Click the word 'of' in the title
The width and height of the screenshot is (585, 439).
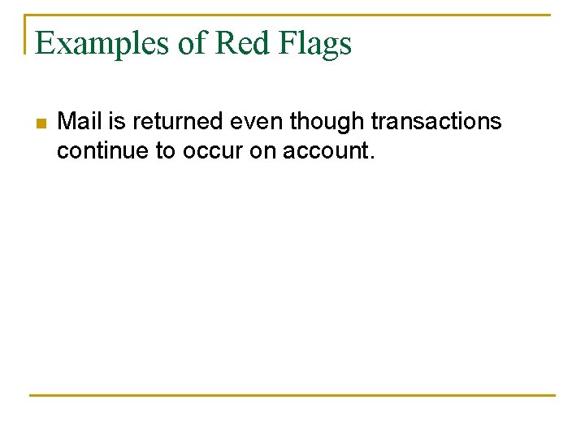(192, 43)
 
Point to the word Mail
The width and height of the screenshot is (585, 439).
(80, 122)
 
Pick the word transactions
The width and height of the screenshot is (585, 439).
(436, 122)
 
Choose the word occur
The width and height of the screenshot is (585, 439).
(214, 150)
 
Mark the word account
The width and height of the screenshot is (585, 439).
(326, 150)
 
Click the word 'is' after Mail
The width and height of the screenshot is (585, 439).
(117, 122)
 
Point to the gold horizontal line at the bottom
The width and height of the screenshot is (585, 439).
(292, 395)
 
